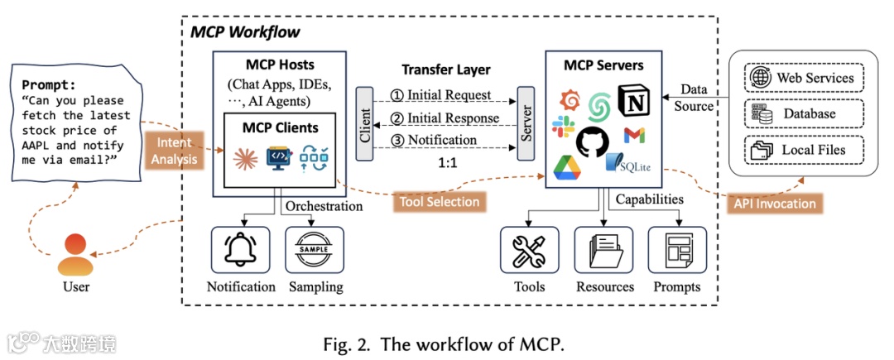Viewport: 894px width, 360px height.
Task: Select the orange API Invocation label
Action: [775, 204]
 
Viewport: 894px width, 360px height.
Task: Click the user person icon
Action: [75, 255]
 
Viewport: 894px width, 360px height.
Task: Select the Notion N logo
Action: [636, 102]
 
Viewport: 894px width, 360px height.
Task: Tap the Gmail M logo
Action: [635, 136]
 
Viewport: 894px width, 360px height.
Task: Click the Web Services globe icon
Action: [759, 78]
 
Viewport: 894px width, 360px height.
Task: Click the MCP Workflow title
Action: [246, 32]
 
